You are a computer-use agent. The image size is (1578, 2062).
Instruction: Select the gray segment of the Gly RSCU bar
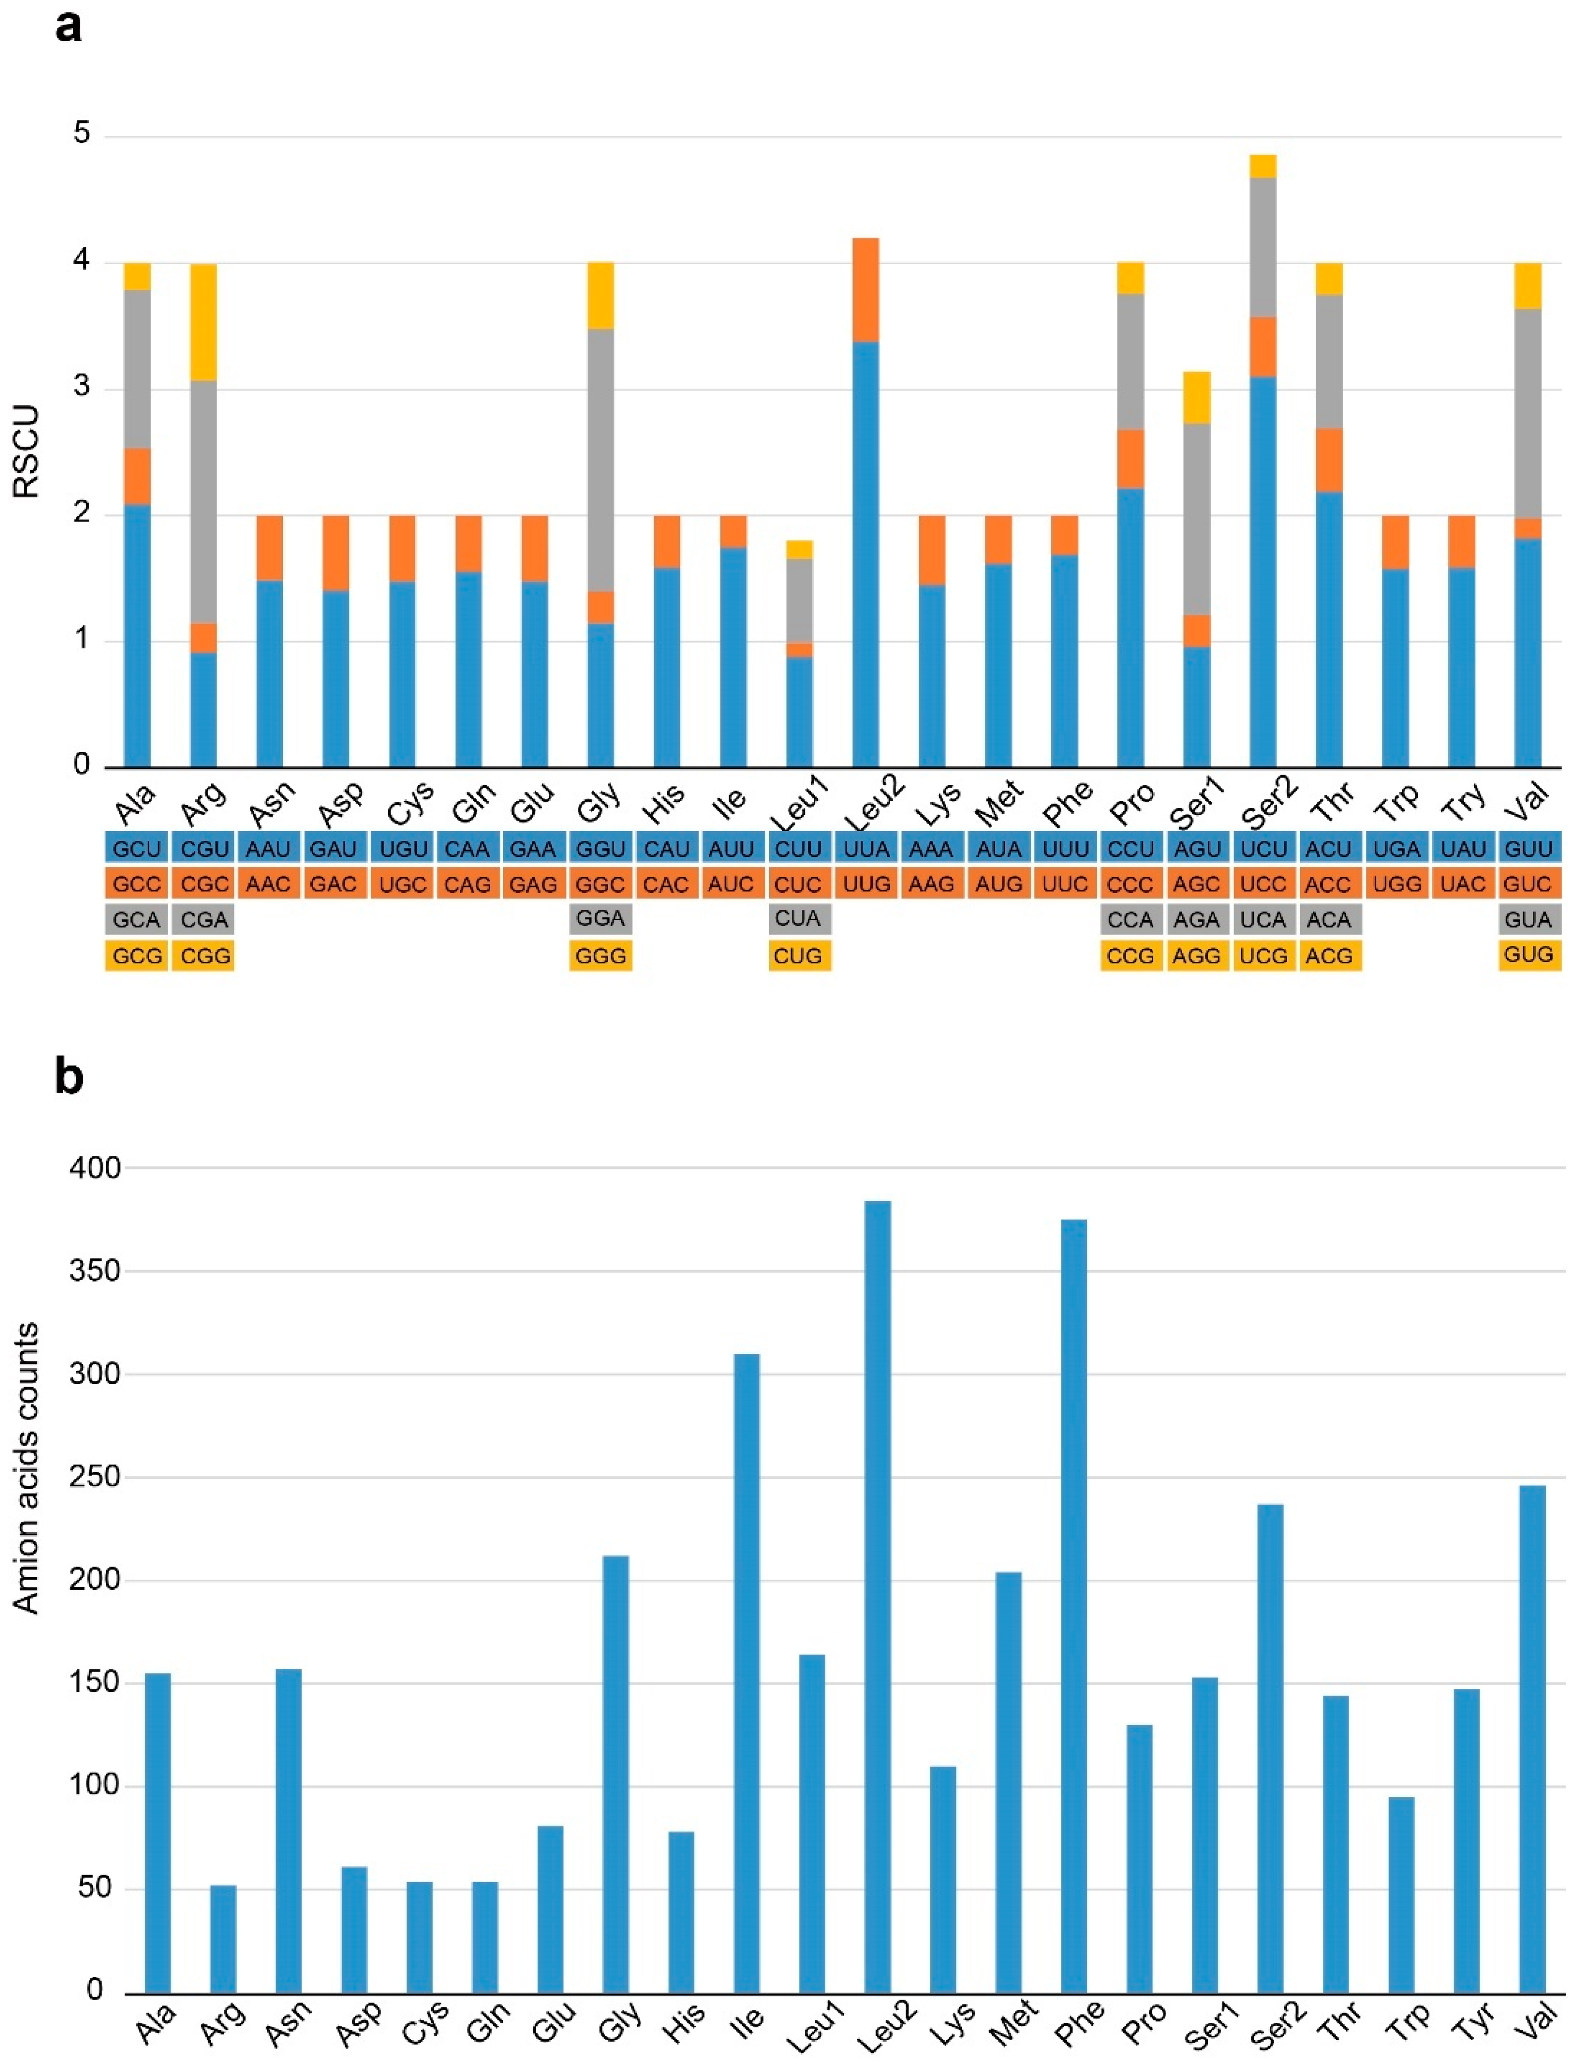pyautogui.click(x=600, y=459)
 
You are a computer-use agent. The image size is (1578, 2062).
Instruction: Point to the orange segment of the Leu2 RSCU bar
pyautogui.click(x=865, y=289)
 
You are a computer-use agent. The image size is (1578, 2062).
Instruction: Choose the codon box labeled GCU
pyautogui.click(x=136, y=849)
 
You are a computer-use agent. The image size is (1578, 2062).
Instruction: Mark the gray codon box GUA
pyautogui.click(x=1528, y=919)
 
